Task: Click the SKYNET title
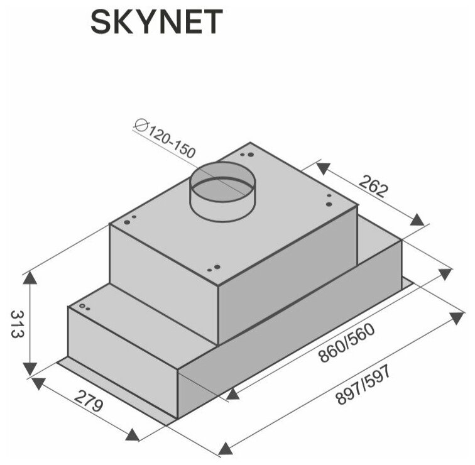(x=156, y=23)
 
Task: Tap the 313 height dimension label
(x=16, y=324)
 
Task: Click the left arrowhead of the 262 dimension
(x=322, y=168)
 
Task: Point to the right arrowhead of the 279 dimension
(x=132, y=435)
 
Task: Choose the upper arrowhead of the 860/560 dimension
(x=445, y=274)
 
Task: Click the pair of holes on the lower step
(x=84, y=307)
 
